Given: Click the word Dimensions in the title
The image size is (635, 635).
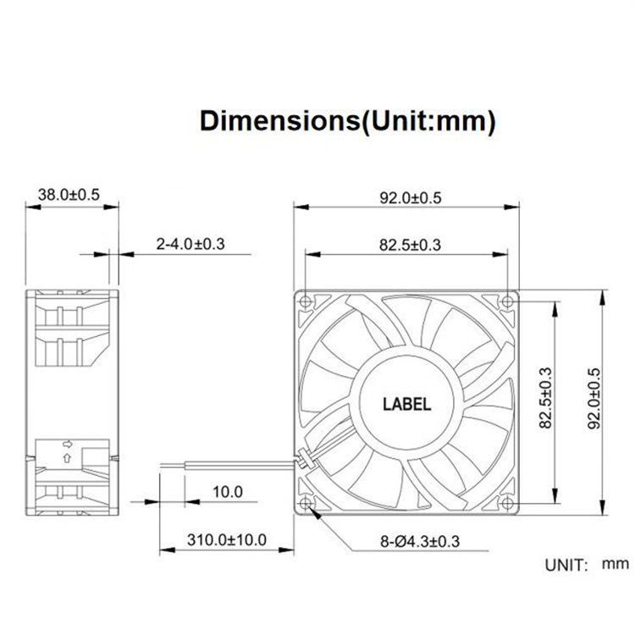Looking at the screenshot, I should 274,120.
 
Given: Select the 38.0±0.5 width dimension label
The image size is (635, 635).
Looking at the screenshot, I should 69,195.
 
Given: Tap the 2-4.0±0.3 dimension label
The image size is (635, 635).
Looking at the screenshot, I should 190,245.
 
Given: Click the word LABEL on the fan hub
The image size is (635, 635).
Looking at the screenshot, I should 409,405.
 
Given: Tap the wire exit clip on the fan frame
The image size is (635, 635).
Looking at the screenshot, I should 301,462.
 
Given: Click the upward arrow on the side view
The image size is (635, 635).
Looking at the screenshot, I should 67,458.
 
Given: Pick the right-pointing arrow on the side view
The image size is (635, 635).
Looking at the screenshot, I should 67,443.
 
